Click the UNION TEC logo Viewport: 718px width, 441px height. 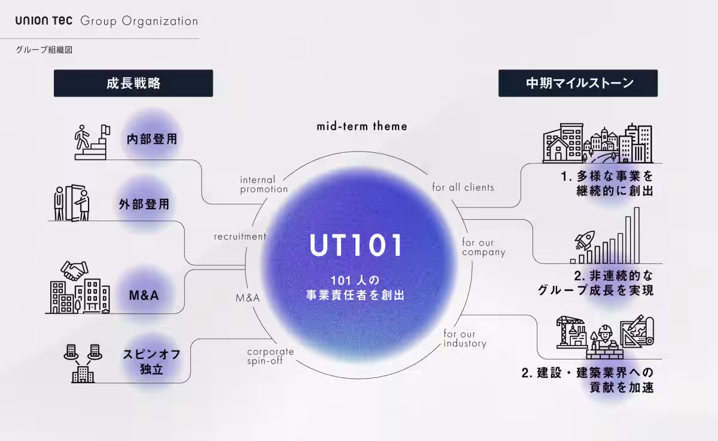44,21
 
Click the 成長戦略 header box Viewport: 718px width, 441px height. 133,83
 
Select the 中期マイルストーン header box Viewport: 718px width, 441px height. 578,83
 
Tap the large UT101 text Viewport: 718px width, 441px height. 356,245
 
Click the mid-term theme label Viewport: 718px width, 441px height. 361,126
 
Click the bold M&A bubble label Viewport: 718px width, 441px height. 143,295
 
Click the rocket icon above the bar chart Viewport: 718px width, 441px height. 583,241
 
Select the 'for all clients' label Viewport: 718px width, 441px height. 463,187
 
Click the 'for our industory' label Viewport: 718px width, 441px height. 465,339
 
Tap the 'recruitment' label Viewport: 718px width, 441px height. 239,237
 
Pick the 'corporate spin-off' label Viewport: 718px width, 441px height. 270,356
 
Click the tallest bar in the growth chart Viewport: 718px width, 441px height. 637,235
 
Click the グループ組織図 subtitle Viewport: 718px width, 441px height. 44,50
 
